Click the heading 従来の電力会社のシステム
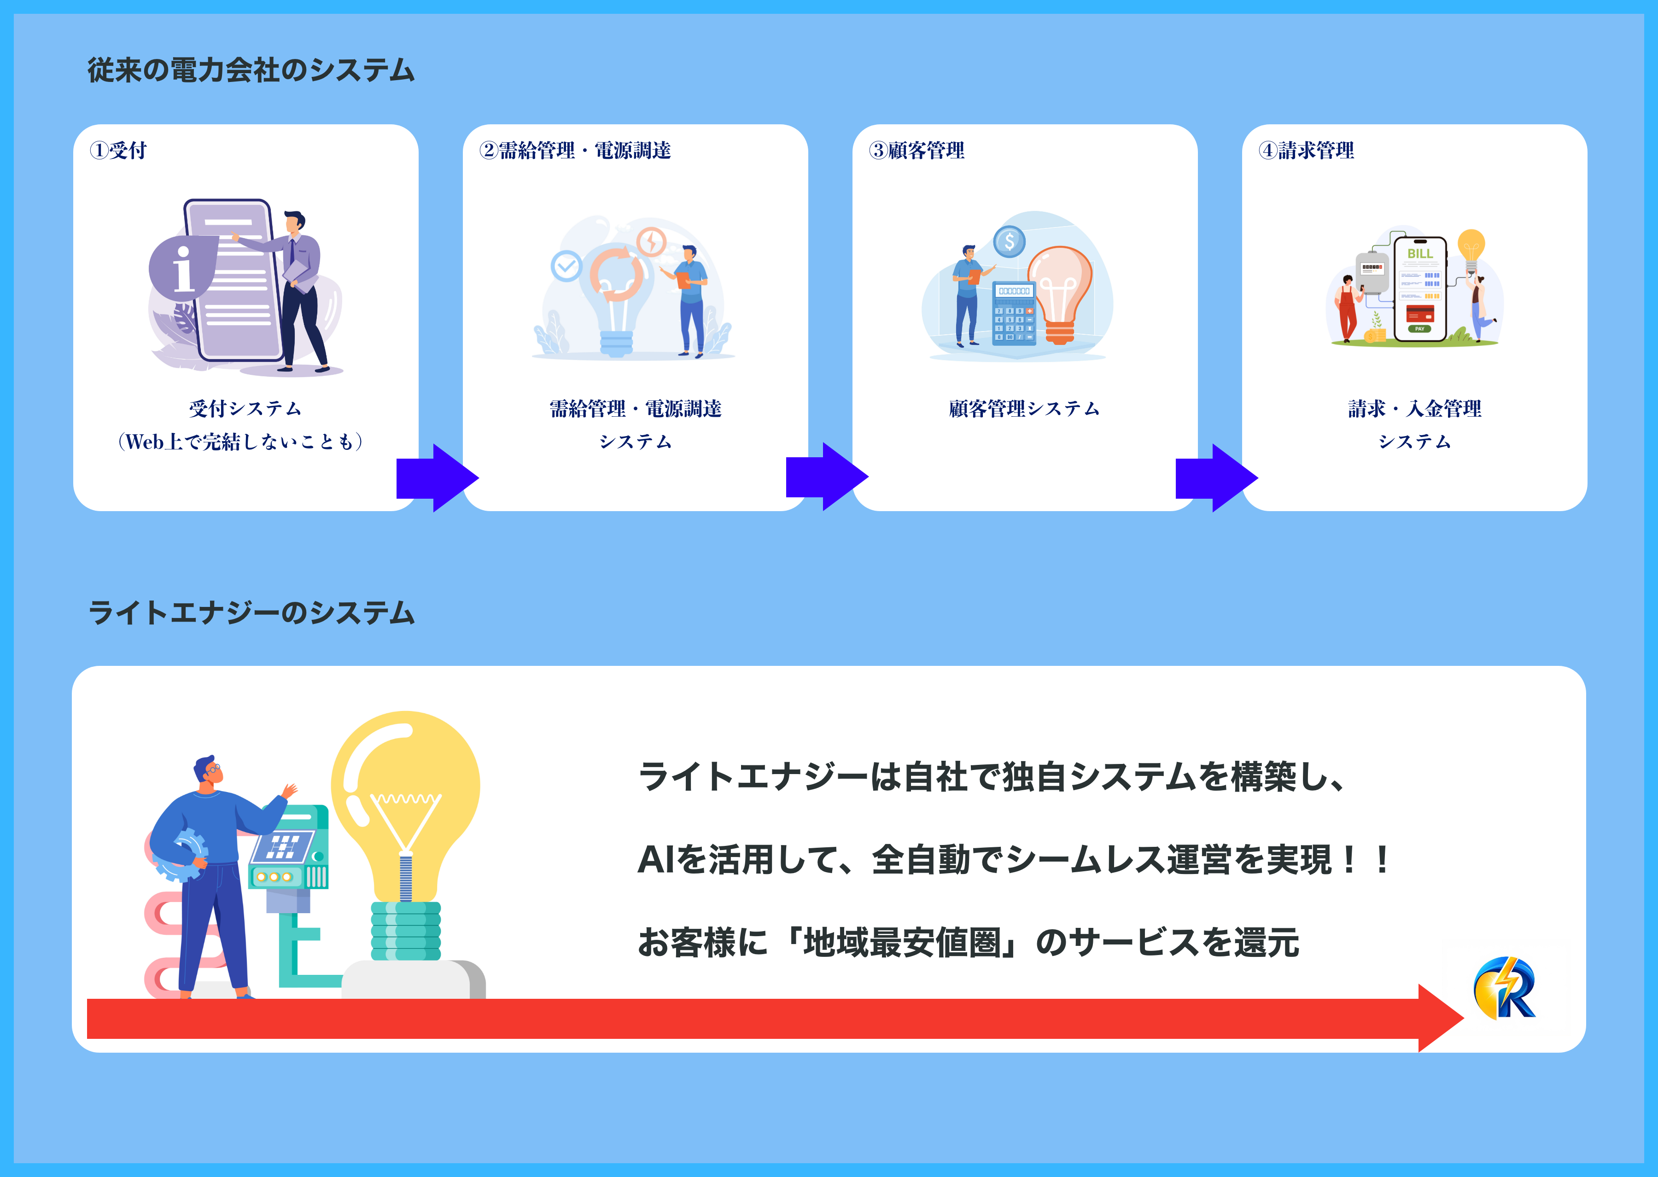tap(251, 70)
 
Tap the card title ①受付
tap(118, 150)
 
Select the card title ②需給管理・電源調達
tap(575, 150)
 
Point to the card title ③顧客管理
tap(916, 150)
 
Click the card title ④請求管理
tap(1306, 150)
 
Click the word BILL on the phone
tap(1419, 254)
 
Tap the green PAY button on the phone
tap(1419, 329)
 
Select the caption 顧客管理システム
tap(1024, 409)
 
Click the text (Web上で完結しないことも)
tap(240, 441)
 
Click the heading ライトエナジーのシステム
tap(251, 613)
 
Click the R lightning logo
tap(1504, 988)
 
